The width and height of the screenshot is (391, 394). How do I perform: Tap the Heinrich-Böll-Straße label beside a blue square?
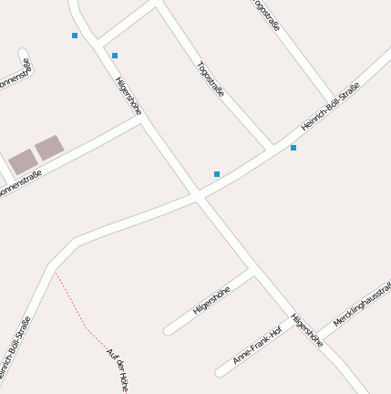330,107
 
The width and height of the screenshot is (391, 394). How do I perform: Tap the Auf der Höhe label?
118,370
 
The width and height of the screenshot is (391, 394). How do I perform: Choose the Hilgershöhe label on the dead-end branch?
211,301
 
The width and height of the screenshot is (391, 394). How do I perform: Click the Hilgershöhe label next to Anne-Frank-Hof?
306,331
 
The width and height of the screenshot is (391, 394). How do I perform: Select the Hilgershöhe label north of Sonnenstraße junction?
129,95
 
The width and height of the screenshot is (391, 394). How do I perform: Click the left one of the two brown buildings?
22,162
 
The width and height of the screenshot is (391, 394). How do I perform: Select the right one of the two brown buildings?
49,148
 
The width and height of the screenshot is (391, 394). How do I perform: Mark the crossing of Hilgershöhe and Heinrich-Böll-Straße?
198,195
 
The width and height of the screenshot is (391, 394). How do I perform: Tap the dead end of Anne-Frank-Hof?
220,372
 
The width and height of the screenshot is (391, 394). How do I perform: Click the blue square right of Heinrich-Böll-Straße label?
293,148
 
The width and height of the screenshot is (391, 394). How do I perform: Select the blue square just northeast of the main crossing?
217,173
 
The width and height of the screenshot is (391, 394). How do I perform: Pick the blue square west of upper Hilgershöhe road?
75,36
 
